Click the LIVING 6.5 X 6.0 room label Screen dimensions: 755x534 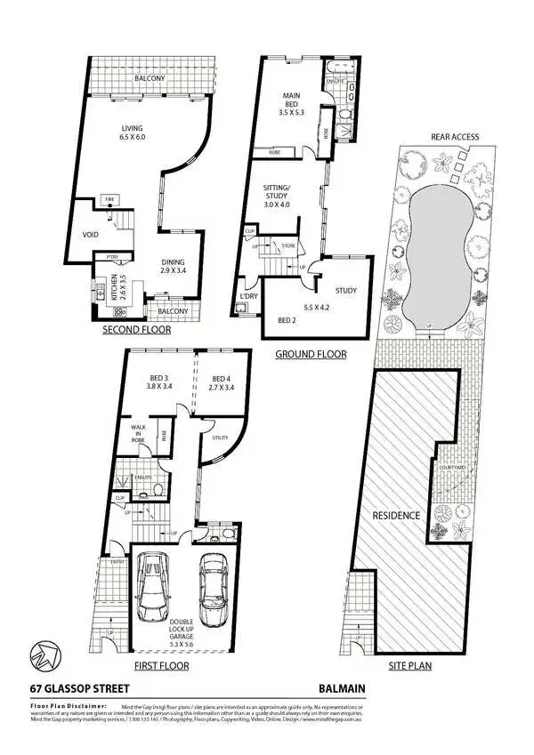132,133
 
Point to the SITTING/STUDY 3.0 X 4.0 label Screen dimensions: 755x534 284,196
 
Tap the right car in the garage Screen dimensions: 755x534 214,590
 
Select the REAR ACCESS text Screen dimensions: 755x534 455,136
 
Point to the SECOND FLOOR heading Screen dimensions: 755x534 138,328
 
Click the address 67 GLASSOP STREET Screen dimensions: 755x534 80,687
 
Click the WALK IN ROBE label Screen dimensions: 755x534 138,433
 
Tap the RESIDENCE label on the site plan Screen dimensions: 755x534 389,515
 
